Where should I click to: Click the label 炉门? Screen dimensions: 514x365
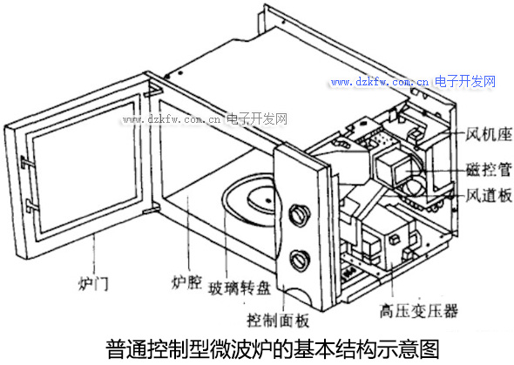pos(93,284)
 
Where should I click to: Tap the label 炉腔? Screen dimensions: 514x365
pos(186,282)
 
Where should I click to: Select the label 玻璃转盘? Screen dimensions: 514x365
pos(240,288)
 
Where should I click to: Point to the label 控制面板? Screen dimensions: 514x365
pos(278,320)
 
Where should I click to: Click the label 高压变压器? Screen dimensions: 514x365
pos(419,311)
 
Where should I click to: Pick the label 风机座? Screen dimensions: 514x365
pos(489,134)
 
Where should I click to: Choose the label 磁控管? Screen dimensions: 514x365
pos(489,169)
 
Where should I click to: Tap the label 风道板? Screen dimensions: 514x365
pos(489,196)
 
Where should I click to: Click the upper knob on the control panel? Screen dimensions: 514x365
pos(300,215)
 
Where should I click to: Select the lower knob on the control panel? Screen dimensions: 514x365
pos(300,260)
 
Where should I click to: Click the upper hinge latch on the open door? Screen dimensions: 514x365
pos(28,162)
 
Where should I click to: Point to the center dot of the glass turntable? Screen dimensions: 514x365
pos(268,200)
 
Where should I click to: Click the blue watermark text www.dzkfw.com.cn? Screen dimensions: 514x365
pos(379,82)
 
